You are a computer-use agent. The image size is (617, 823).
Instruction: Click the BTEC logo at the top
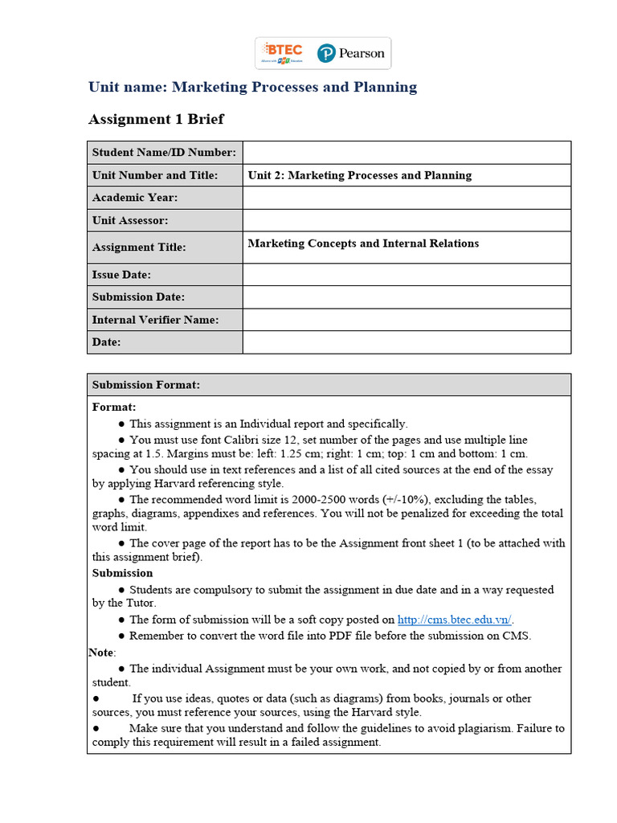281,53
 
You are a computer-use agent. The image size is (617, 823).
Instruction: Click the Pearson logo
351,53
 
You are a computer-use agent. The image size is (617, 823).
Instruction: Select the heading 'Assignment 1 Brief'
156,119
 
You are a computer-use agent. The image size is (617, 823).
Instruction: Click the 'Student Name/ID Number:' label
164,153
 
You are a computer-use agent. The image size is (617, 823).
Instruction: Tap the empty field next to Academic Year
407,198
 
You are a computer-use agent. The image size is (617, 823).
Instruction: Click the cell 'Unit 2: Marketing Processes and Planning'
360,175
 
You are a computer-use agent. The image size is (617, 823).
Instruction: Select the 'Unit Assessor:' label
130,220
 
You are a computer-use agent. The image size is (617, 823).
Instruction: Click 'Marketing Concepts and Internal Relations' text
363,244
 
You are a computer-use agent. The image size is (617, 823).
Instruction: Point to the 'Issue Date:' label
121,275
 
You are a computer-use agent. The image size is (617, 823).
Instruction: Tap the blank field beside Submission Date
407,297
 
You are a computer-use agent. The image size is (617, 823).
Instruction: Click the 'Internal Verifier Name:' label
155,320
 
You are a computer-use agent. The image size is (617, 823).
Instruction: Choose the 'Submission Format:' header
146,385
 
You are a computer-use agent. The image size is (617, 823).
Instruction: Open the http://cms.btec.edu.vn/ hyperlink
455,620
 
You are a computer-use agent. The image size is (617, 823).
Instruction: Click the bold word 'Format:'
114,407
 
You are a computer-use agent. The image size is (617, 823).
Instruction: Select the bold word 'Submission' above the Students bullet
122,573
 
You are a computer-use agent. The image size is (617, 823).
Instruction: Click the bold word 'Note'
101,653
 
